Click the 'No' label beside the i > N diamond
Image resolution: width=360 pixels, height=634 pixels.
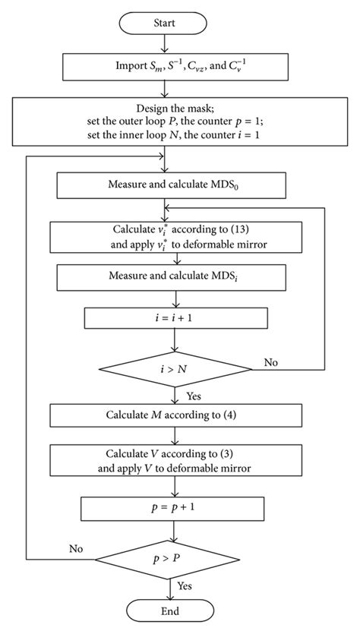pos(270,362)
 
